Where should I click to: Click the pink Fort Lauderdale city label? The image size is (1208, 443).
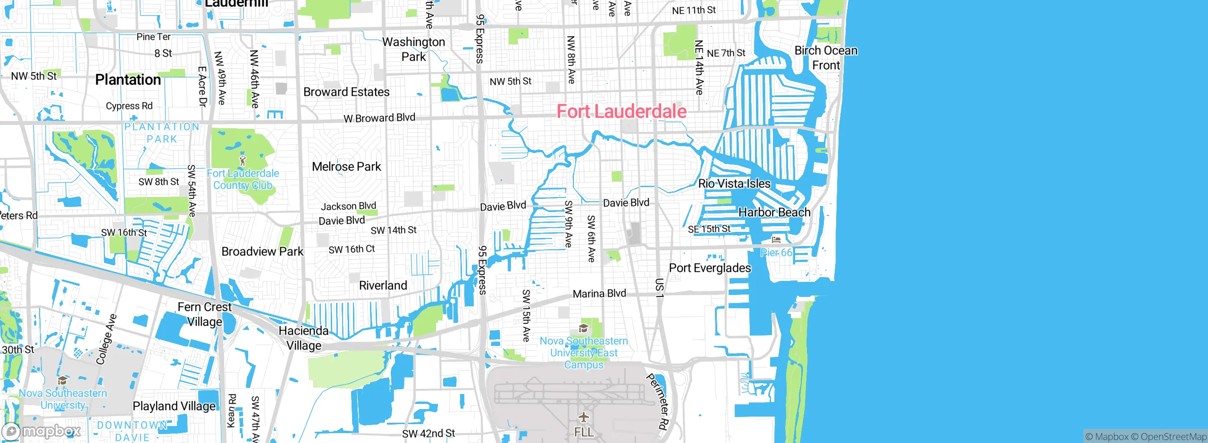coord(621,111)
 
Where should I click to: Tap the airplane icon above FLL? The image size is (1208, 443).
coord(584,417)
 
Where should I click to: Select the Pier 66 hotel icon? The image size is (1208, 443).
coord(776,240)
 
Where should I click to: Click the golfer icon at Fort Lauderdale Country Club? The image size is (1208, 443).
coord(243,161)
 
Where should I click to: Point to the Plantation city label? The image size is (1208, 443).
coord(128,80)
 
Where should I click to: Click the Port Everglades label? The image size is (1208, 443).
coord(710,268)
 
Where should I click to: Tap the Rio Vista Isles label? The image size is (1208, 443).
coord(734,183)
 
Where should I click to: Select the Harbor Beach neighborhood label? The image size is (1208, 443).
coord(774,213)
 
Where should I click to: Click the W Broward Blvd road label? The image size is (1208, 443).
coord(379,118)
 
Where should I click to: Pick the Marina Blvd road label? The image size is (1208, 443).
coord(599,294)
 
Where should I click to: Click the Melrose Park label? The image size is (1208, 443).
coord(346,166)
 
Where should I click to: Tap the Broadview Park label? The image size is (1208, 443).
coord(262,252)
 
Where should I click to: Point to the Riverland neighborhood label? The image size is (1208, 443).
coord(383,286)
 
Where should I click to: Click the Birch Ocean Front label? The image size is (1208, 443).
coord(826,57)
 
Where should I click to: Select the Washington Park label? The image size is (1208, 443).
coord(413,49)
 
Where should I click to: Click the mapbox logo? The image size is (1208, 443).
coord(42,431)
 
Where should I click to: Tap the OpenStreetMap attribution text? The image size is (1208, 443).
coord(1173,437)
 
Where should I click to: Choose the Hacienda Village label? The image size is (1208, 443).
coord(303,338)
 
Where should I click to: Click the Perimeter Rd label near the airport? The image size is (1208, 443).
coord(657,402)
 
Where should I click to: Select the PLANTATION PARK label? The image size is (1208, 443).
coord(161,132)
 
